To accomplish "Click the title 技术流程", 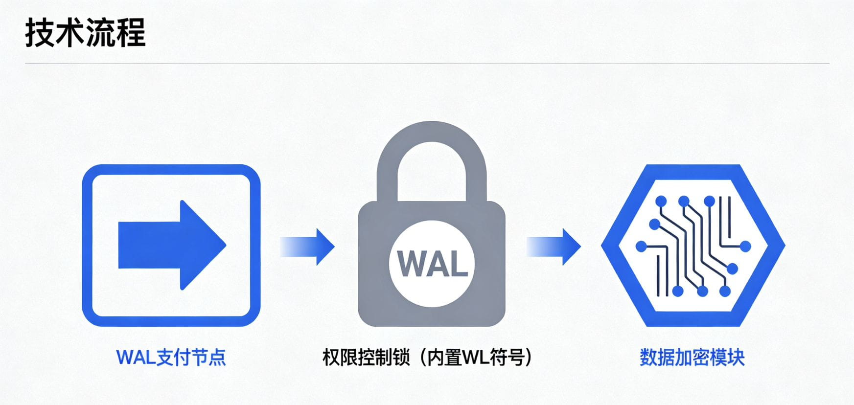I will [x=86, y=33].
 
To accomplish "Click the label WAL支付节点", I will [x=171, y=358].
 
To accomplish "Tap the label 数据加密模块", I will [x=692, y=358].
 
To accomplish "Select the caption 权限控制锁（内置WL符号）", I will [x=427, y=358].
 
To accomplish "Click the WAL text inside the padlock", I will [x=432, y=264].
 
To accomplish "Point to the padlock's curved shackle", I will [x=432, y=142].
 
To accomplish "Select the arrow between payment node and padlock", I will [x=307, y=247].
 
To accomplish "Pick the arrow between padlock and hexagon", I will [x=554, y=247].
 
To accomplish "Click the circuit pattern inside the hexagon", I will [x=692, y=246].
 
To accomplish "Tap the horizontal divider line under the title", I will [x=427, y=64].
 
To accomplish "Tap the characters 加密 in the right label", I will [x=692, y=358].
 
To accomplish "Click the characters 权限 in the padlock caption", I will [x=340, y=358].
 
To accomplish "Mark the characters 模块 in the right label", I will [x=727, y=358].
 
